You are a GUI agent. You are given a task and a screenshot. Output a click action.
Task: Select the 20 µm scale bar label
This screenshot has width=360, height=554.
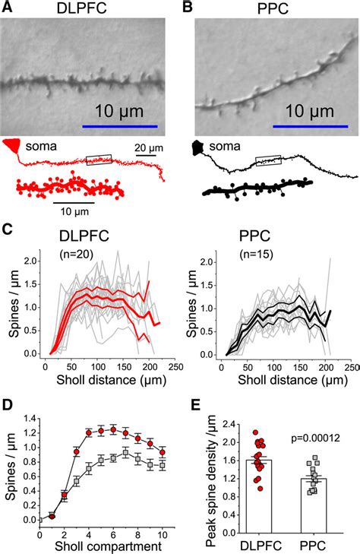148,147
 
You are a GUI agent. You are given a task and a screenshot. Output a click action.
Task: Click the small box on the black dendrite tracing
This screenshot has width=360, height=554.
268,160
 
